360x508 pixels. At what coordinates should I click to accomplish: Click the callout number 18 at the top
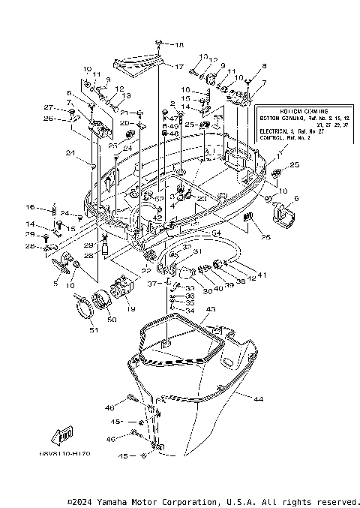coord(178,46)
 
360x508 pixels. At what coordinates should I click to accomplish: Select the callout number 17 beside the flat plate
coord(179,67)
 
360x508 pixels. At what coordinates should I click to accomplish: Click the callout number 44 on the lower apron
coord(258,399)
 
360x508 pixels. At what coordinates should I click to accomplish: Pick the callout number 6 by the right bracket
coord(295,198)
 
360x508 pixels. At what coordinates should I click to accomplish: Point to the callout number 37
coord(151,284)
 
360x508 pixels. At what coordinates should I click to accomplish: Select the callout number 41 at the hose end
coord(262,275)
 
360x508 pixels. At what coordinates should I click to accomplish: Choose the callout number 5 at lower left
coord(55,284)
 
